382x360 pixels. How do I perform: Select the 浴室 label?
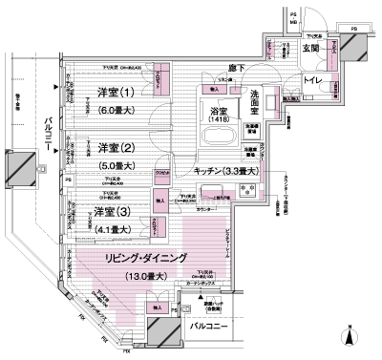coord(219,111)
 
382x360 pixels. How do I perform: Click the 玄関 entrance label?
coord(312,50)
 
